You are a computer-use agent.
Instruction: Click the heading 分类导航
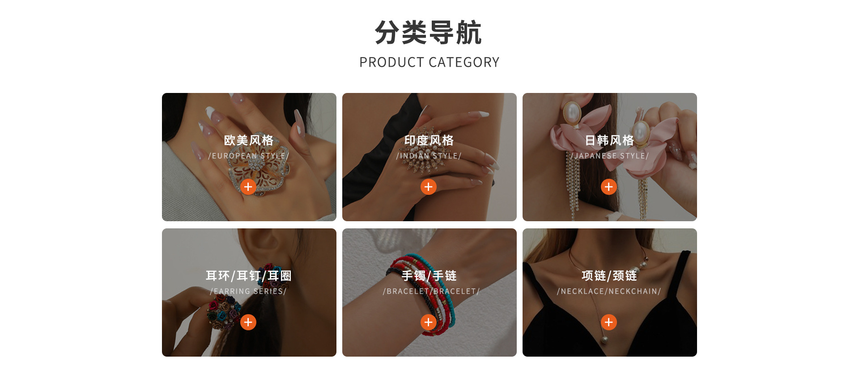click(x=429, y=33)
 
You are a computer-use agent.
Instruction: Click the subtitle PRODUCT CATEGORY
click(x=429, y=62)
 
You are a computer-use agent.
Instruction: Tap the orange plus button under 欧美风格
click(x=248, y=187)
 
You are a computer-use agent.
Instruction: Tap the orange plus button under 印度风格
click(x=429, y=187)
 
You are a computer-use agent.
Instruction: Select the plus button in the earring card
click(x=248, y=322)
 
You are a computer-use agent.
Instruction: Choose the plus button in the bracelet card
click(x=429, y=322)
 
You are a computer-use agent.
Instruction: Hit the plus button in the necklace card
click(x=609, y=322)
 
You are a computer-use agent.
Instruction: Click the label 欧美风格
click(x=249, y=140)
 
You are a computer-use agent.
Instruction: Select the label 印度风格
click(x=429, y=140)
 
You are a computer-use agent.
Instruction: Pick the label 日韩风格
click(x=609, y=140)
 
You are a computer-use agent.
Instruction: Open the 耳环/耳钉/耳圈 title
click(x=249, y=276)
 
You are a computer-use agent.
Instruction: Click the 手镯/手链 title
click(x=429, y=276)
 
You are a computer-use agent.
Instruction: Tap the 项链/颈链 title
click(x=609, y=276)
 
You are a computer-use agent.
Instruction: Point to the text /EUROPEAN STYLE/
click(x=249, y=156)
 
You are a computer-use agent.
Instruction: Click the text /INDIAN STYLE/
click(x=429, y=156)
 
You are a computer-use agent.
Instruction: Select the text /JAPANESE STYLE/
click(x=609, y=156)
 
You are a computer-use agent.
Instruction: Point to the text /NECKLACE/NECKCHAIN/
click(x=609, y=291)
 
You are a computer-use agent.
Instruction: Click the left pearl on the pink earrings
click(x=571, y=113)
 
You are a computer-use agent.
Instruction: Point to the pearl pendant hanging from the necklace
click(x=604, y=339)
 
